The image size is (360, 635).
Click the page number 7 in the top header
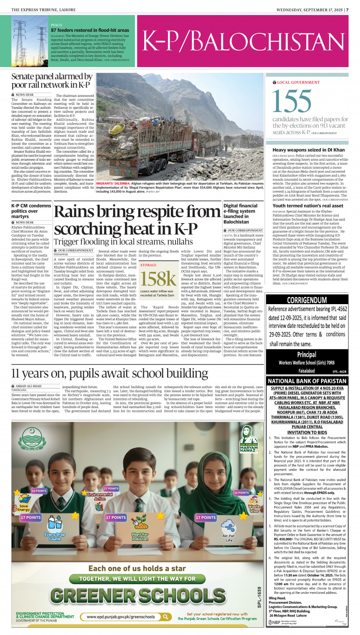click(x=347, y=9)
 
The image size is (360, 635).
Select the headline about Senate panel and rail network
click(x=52, y=81)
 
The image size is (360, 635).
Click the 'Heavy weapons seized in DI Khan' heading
click(x=308, y=150)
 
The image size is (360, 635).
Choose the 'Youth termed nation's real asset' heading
click(x=307, y=206)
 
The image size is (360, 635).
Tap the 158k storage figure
click(x=158, y=279)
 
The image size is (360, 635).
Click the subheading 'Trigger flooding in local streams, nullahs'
click(x=123, y=242)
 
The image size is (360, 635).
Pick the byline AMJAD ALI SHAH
click(x=26, y=386)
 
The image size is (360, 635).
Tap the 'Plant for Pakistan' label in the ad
click(x=140, y=537)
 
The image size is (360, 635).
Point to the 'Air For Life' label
click(x=229, y=538)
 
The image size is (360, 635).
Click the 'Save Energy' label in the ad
click(x=24, y=508)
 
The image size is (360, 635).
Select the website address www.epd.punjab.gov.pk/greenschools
click(x=121, y=616)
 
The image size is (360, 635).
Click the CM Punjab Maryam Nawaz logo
click(x=249, y=441)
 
